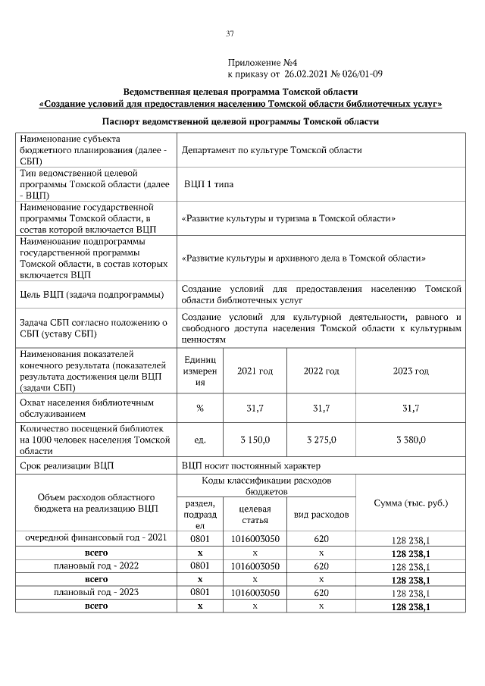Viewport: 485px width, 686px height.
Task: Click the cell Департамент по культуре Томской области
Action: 271,150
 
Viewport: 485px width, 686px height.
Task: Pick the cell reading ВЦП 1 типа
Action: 208,184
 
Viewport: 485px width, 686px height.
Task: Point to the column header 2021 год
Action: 255,371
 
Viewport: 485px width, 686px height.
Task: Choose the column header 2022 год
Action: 321,371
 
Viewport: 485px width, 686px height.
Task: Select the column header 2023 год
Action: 411,371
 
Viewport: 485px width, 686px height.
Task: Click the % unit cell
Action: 200,409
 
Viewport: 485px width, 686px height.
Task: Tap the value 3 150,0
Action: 255,440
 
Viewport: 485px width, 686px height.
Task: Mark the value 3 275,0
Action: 321,440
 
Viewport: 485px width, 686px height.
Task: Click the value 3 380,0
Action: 411,440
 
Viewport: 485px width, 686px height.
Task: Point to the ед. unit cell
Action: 200,440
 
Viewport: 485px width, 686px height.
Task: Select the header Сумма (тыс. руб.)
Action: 411,503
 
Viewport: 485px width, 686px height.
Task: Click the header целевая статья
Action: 255,515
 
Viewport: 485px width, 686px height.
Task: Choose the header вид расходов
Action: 321,515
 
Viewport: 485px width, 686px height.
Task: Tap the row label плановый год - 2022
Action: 96,565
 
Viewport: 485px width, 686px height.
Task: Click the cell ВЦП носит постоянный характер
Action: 251,464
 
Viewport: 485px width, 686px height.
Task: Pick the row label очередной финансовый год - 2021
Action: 96,538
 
